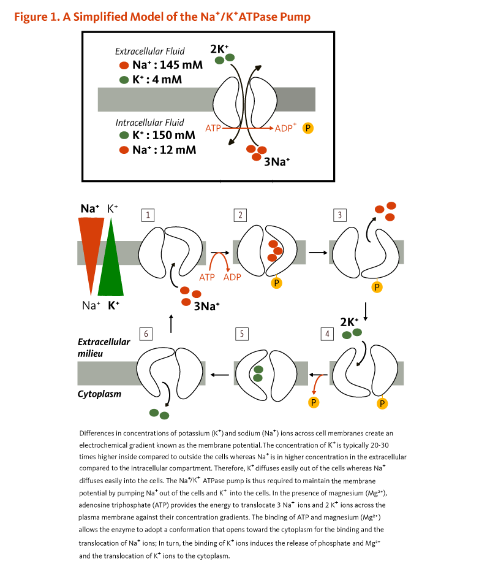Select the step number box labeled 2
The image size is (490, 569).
[241, 215]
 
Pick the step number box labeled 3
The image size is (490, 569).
[339, 215]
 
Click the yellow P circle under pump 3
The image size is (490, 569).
[377, 286]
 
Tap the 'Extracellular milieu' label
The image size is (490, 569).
[104, 347]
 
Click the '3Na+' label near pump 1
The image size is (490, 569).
[206, 305]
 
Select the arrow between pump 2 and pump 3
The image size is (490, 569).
[317, 251]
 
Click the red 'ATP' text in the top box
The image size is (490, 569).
[213, 129]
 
